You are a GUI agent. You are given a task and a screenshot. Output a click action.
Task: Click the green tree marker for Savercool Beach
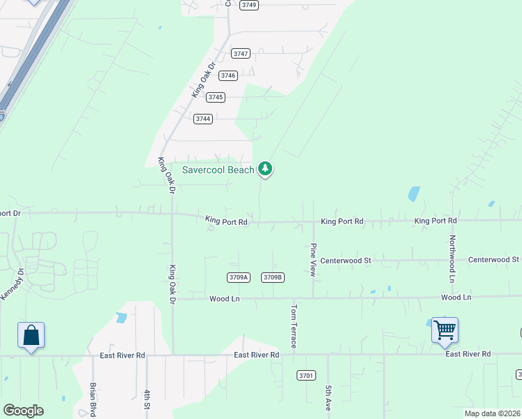pos(265,168)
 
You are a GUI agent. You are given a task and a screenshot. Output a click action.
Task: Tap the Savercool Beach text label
pos(218,170)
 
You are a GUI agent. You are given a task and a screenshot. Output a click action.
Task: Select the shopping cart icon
pos(445,330)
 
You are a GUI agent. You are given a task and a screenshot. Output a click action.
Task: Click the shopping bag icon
pos(31,336)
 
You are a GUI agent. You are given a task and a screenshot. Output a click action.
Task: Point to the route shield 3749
pos(249,5)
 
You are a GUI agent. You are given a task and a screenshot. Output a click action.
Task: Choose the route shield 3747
pos(241,54)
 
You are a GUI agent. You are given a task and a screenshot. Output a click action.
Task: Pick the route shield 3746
pos(228,75)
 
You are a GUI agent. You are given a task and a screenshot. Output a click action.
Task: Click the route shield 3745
pos(216,97)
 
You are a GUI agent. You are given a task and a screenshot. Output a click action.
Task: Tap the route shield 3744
pos(203,119)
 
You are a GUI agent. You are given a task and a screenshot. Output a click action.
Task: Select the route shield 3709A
pos(238,277)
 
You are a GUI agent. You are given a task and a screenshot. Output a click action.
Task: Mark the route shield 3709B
pos(273,277)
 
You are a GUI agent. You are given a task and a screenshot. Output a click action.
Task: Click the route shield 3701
pos(306,375)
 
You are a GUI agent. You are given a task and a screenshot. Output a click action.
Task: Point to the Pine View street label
pos(313,260)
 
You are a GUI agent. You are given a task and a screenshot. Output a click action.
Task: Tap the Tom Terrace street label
pos(294,326)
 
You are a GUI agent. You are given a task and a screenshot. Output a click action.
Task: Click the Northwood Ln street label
pos(452,253)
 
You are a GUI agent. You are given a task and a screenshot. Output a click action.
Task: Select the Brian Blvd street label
pos(93,399)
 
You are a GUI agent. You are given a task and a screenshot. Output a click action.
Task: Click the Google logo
pos(23,411)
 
